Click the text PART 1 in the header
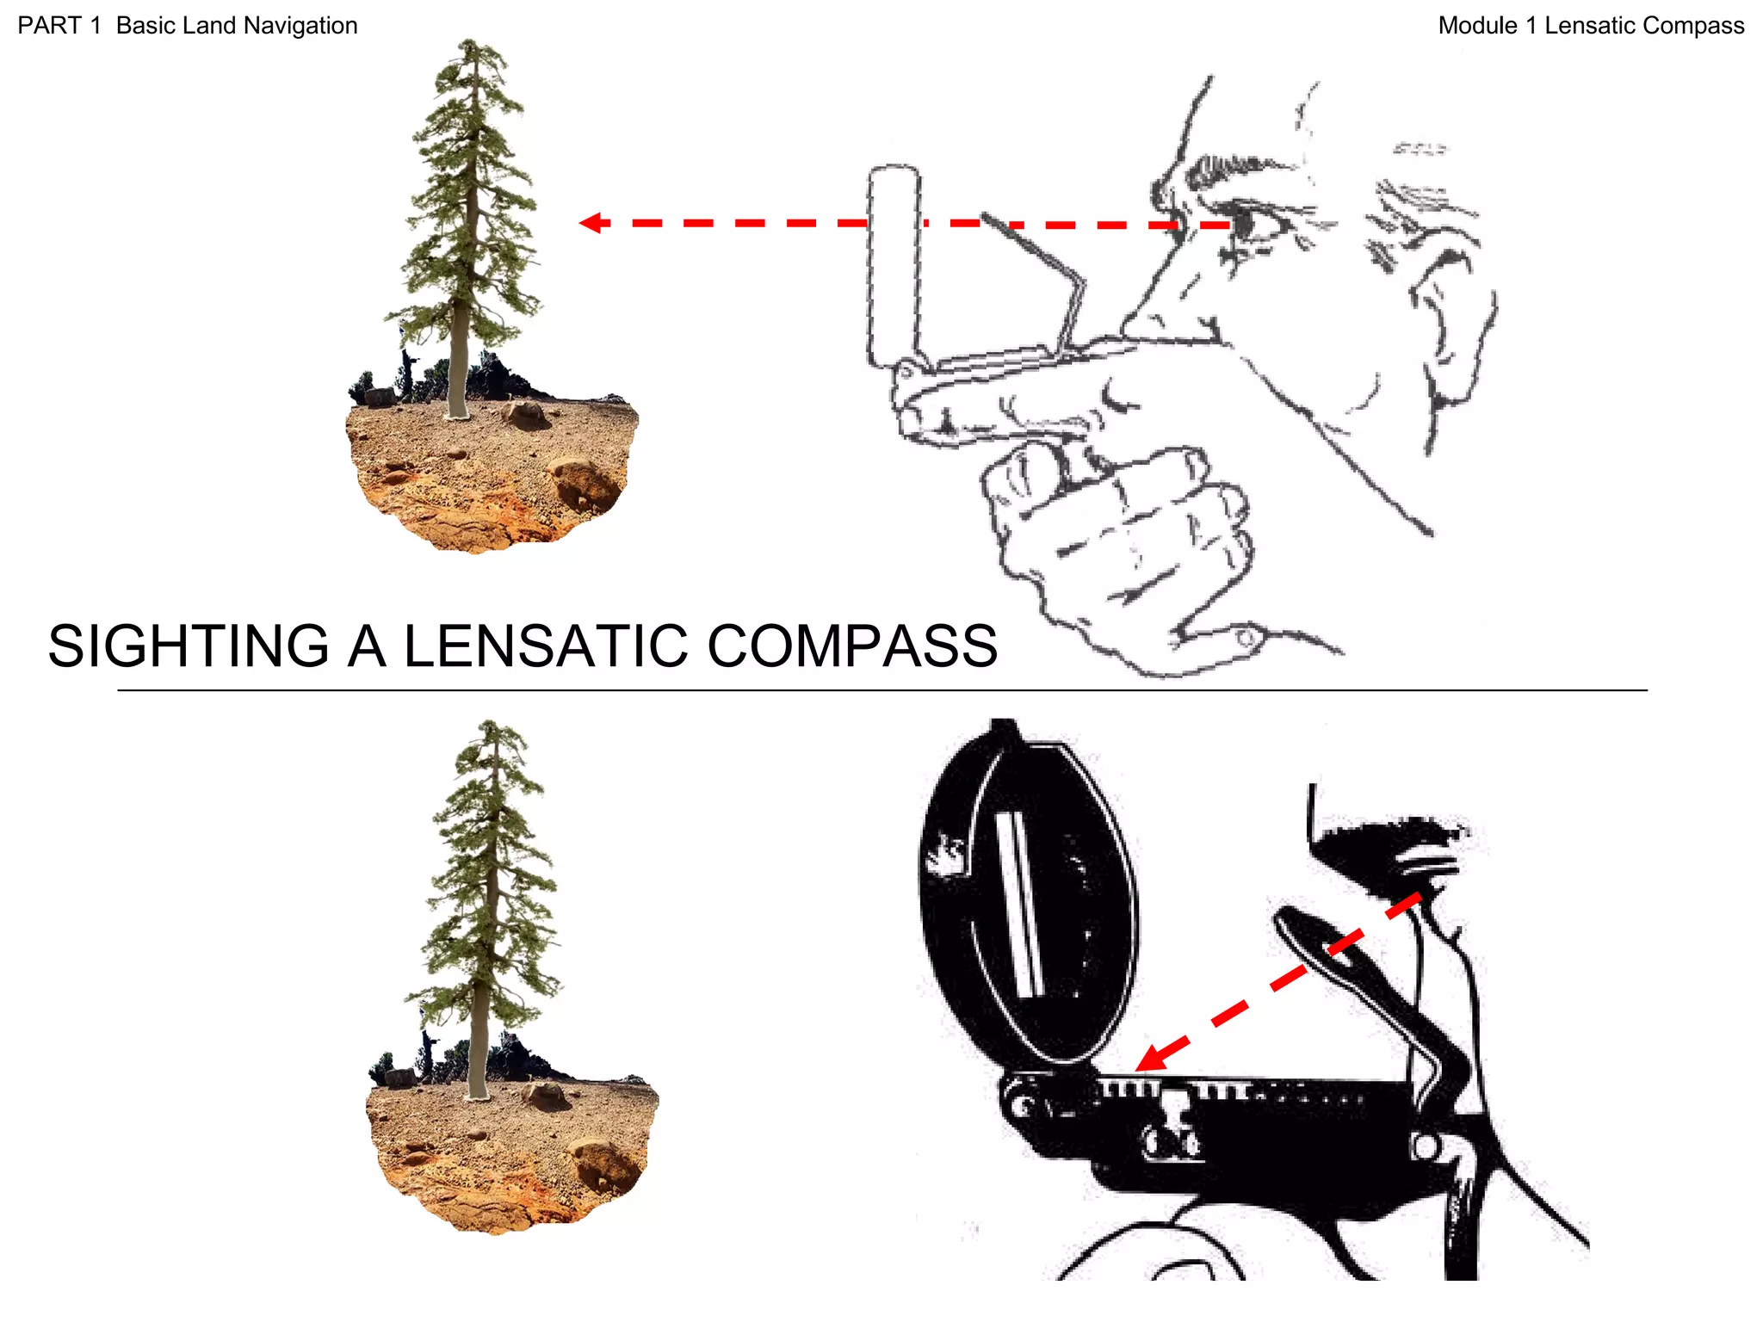pyautogui.click(x=59, y=26)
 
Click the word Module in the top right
pyautogui.click(x=1477, y=26)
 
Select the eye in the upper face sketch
pyautogui.click(x=1241, y=225)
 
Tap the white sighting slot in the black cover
pyautogui.click(x=1019, y=904)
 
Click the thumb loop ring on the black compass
pyautogui.click(x=1425, y=1146)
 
